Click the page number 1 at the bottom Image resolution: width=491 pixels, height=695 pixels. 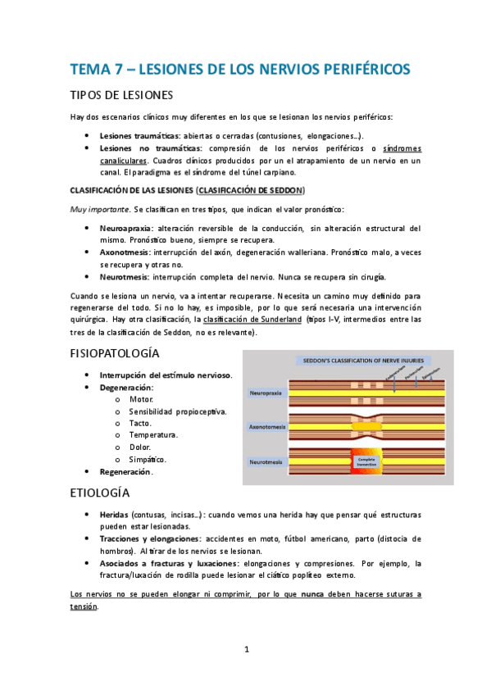246,649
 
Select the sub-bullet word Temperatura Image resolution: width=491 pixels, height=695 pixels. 153,435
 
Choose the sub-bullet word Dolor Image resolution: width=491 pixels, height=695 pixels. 140,447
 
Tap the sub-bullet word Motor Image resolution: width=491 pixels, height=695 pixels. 141,399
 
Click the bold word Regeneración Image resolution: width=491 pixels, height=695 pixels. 125,472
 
